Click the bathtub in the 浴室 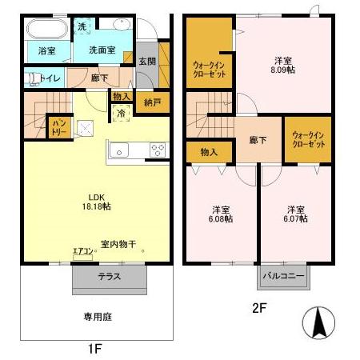(x=47, y=30)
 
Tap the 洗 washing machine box (x=82, y=26)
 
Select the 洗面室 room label (x=100, y=50)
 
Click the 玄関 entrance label (x=146, y=62)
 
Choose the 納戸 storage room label (x=153, y=102)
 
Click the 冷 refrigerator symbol (x=120, y=114)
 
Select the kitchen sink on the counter (x=118, y=149)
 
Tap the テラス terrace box (x=109, y=278)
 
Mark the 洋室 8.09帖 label (x=283, y=66)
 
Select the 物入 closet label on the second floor (x=209, y=151)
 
